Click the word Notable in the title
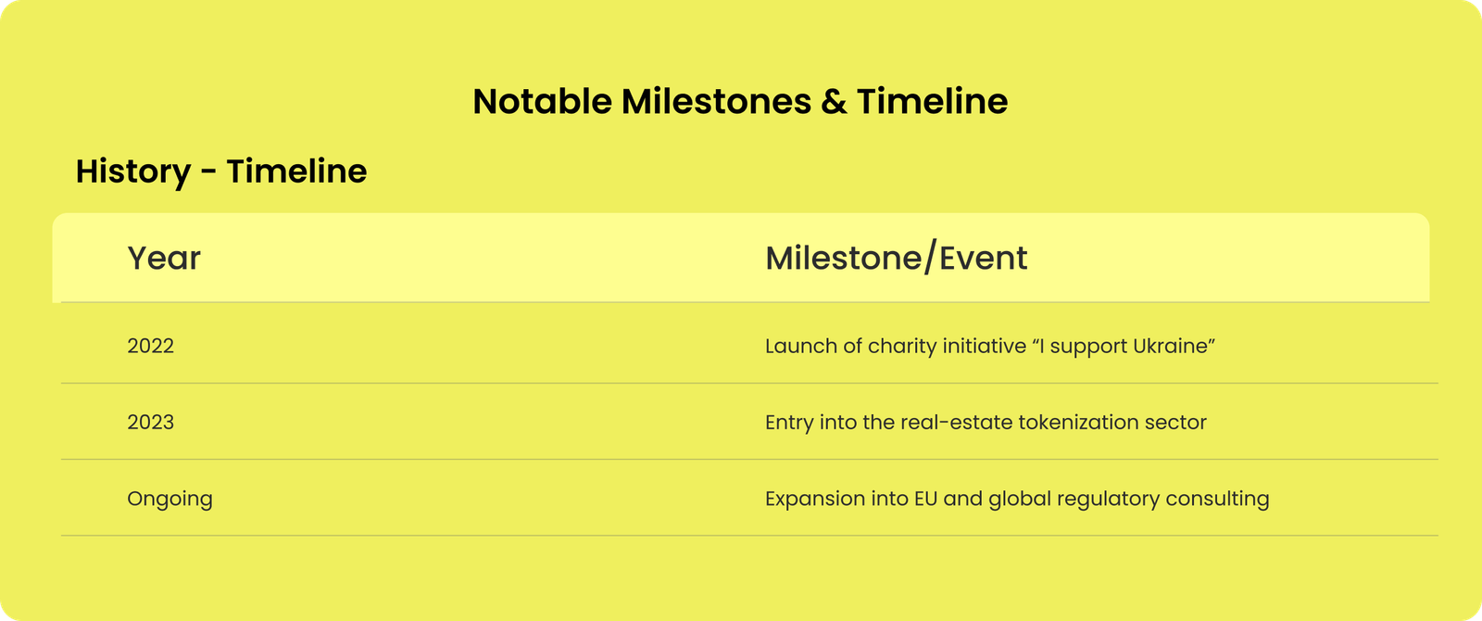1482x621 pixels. tap(543, 101)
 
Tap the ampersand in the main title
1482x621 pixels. tap(834, 102)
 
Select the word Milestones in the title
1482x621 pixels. tap(716, 101)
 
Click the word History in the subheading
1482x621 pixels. tap(133, 171)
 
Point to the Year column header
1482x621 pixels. tap(163, 258)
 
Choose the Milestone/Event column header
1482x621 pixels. tap(897, 258)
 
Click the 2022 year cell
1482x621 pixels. tap(150, 346)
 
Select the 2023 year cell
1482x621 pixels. tap(150, 422)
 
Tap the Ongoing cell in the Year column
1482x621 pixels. tap(170, 500)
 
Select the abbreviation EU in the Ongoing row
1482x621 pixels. tap(925, 498)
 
